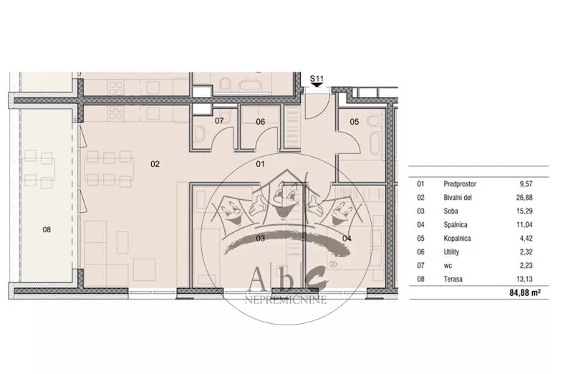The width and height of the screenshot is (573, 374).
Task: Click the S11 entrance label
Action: coord(317,79)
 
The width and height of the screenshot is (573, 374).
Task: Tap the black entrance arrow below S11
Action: coord(317,85)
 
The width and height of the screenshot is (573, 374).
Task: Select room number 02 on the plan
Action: coord(155,164)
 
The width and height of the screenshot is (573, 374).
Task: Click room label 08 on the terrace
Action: coord(47,229)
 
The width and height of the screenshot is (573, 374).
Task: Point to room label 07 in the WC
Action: coord(219,120)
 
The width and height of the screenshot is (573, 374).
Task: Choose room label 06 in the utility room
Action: coord(260,121)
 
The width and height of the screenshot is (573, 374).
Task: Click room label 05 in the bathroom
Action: coord(355,121)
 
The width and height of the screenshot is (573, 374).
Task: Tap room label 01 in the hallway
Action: coord(260,164)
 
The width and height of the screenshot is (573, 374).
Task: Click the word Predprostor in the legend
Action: coord(460,184)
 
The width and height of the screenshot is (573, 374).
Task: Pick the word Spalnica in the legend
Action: coord(456,225)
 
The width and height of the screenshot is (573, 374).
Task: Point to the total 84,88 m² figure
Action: coord(525,292)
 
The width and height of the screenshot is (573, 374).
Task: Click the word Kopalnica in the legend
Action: coord(457,239)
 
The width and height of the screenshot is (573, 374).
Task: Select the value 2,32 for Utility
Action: coord(526,252)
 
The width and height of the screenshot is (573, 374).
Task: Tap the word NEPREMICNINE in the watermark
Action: coord(285,300)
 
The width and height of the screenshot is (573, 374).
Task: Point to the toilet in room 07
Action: coord(200,133)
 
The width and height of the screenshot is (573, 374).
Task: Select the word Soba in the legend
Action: coord(451,211)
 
